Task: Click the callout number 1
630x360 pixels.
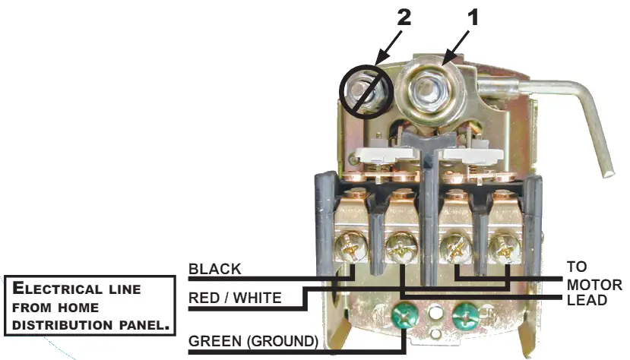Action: [473, 18]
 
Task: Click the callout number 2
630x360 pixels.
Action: [404, 18]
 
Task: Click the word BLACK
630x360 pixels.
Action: [215, 269]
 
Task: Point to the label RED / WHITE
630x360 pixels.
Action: [235, 298]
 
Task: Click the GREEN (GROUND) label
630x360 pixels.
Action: [254, 341]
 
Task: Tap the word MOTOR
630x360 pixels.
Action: [594, 285]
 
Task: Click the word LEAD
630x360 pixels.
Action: [587, 300]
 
